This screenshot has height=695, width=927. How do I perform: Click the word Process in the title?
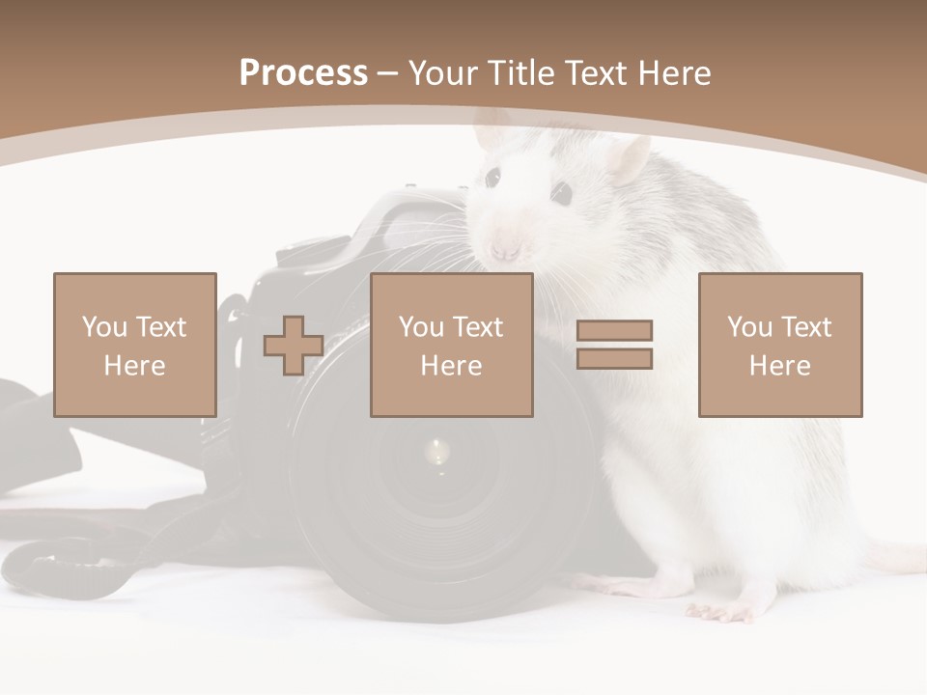click(303, 73)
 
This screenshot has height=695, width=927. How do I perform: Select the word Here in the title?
click(673, 73)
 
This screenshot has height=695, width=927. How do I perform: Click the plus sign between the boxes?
click(294, 346)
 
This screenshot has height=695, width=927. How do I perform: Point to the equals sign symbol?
click(614, 345)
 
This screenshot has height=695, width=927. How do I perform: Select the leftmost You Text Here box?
click(134, 345)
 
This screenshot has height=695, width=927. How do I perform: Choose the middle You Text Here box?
click(451, 345)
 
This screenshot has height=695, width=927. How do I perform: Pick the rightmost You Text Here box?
click(779, 345)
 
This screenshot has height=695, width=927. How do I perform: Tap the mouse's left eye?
click(492, 178)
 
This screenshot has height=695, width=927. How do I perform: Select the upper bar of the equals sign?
click(614, 330)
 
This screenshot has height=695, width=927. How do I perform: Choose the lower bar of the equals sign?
click(614, 359)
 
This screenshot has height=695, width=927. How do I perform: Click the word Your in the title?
click(448, 73)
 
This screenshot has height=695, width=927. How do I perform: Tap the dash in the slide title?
click(388, 74)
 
